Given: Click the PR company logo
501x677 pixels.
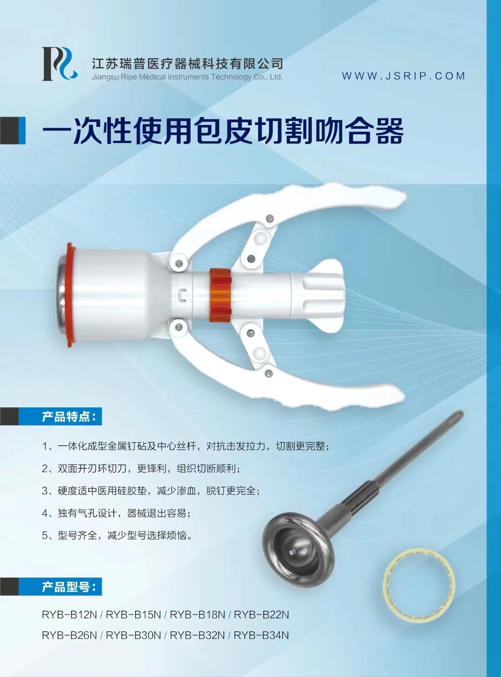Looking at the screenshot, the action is (59, 64).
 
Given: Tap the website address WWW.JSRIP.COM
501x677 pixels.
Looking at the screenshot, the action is (403, 76).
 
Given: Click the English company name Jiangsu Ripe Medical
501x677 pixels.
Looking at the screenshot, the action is (187, 77).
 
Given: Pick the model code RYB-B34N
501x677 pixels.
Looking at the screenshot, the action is (261, 635).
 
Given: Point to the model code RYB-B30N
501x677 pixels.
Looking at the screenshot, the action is (133, 635).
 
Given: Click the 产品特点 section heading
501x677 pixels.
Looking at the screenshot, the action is (69, 417).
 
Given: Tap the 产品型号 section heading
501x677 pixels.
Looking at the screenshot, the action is (69, 586).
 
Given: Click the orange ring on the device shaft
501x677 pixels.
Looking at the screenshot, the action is (220, 295).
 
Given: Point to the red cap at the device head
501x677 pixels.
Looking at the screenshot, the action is (71, 295).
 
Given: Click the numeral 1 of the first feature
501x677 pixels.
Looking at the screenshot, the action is (45, 447).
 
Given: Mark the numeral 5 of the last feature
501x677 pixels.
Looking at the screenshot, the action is (45, 535).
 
